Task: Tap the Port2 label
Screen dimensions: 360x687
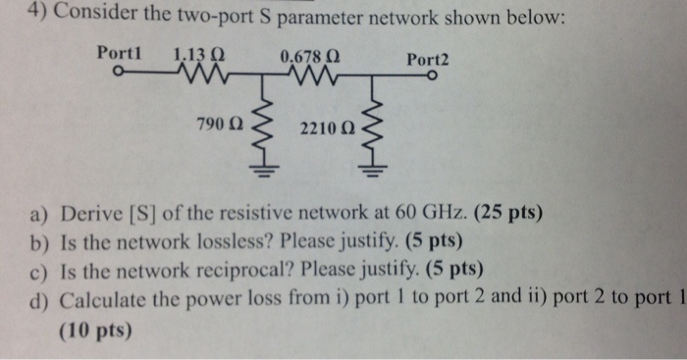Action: tap(427, 60)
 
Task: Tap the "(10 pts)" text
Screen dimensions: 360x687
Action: tap(94, 331)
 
